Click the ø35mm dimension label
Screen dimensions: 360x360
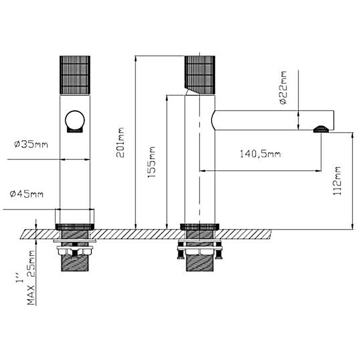point(31,145)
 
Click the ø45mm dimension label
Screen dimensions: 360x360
point(27,194)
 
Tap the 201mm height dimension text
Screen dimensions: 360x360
point(120,143)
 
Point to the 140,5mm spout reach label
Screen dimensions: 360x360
point(260,154)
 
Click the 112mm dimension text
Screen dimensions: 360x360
point(337,181)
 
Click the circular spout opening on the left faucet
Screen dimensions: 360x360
point(75,120)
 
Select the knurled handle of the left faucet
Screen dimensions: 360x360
point(75,75)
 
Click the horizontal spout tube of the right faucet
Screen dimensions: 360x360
point(274,120)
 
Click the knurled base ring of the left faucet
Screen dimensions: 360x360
point(75,226)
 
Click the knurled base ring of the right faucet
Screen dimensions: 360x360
point(199,226)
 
